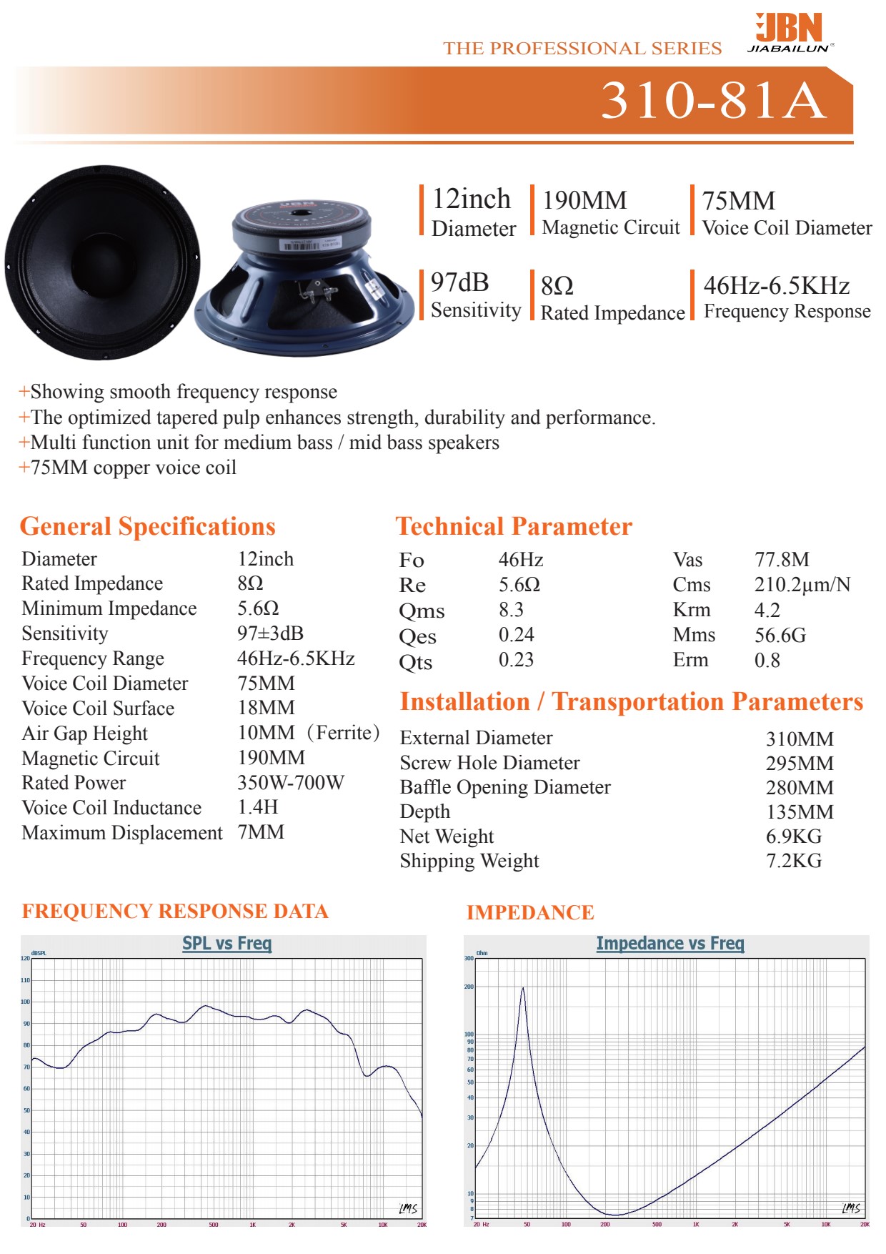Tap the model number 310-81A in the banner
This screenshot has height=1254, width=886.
click(x=713, y=100)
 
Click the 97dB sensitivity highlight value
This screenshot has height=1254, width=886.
click(x=459, y=283)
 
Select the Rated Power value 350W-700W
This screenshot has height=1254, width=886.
click(x=290, y=783)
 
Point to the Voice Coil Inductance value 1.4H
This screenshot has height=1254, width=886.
click(x=257, y=807)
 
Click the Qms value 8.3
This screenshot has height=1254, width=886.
click(x=511, y=610)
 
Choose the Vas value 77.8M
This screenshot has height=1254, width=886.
click(x=782, y=560)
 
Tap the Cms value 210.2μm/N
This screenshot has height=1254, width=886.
click(x=802, y=585)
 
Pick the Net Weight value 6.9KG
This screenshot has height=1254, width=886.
click(x=793, y=836)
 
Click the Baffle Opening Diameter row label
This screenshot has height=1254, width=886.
click(x=505, y=787)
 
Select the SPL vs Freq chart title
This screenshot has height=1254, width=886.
click(x=227, y=944)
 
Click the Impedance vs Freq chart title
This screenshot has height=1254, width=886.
click(x=670, y=944)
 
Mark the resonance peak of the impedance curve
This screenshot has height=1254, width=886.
click(x=523, y=989)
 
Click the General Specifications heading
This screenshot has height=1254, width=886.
click(x=147, y=526)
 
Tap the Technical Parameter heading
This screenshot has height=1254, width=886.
click(x=514, y=526)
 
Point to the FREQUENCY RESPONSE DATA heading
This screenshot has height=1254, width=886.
click(x=175, y=912)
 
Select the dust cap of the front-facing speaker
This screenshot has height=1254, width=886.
click(x=102, y=261)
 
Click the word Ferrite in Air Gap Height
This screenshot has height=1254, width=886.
click(x=347, y=733)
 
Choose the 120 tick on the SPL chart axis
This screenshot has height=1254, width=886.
click(x=26, y=958)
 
